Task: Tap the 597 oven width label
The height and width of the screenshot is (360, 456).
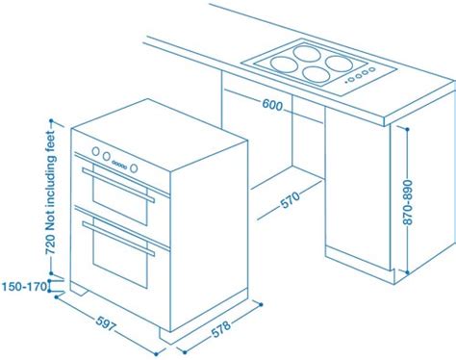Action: click(x=100, y=322)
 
